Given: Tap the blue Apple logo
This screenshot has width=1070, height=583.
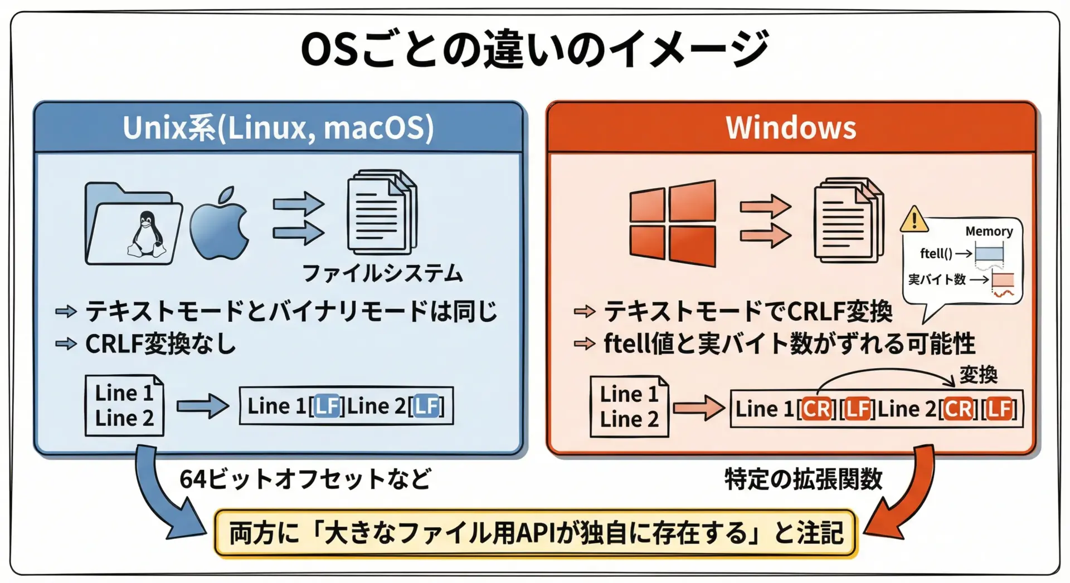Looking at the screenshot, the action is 219,223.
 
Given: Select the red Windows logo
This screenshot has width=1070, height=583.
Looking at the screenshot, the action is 673,223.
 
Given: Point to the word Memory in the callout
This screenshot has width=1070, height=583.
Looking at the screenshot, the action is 989,231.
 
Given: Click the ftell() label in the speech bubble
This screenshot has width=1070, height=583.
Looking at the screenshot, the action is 936,253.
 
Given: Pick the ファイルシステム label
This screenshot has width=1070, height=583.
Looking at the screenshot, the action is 382,273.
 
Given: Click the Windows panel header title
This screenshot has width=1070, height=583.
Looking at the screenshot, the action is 791,128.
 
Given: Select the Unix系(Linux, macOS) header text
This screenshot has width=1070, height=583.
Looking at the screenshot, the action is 278,128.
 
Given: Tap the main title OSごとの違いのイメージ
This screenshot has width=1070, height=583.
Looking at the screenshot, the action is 535,48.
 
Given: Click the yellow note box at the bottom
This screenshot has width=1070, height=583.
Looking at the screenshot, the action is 536,533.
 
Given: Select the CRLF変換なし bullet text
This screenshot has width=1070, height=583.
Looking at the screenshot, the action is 161,344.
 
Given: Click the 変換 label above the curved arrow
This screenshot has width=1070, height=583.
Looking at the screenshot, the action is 979,374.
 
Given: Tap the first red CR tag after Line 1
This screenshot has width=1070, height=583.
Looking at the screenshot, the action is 817,409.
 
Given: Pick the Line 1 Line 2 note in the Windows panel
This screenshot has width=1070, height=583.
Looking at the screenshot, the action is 629,406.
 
